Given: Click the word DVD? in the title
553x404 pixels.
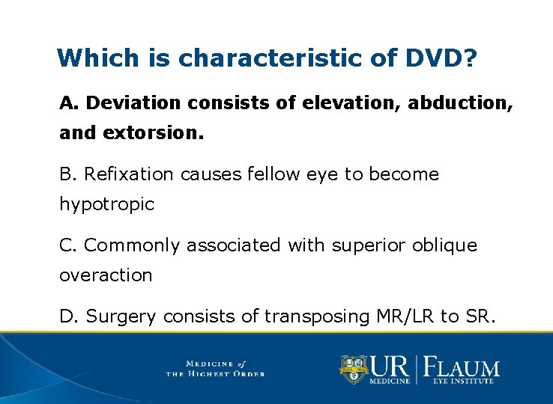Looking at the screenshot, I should [x=439, y=58].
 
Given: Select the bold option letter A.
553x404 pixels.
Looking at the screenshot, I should [x=67, y=103].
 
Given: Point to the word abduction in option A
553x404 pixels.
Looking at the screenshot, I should [x=459, y=103].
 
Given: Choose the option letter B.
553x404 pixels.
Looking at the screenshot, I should [x=67, y=174].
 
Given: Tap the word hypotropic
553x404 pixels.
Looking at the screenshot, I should [x=106, y=204].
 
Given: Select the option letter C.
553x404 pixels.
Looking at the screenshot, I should [x=67, y=245].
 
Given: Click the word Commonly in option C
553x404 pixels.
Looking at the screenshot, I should [x=133, y=245].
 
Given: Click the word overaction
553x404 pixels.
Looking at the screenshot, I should [x=106, y=275].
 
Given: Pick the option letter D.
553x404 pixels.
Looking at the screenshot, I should [x=67, y=316].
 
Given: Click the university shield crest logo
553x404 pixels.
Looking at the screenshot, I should [x=353, y=369].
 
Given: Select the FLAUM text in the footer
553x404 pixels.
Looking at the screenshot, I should [x=462, y=367].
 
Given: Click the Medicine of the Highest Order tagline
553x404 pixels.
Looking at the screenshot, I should [x=215, y=368].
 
